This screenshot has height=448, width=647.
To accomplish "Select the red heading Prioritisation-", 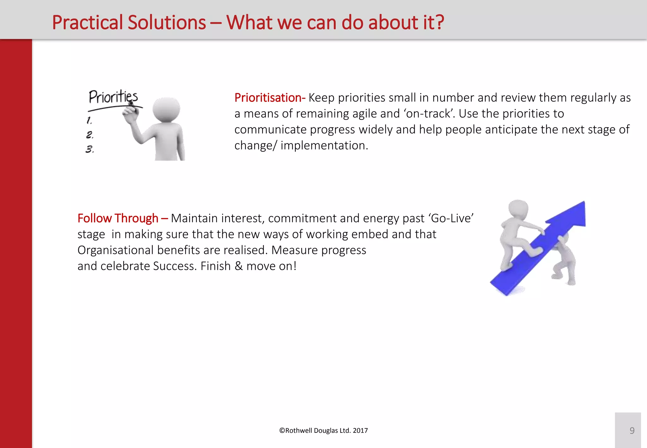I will pyautogui.click(x=269, y=98).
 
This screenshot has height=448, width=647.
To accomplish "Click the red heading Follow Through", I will pyautogui.click(x=118, y=218).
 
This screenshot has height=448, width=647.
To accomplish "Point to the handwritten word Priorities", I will pyautogui.click(x=113, y=97).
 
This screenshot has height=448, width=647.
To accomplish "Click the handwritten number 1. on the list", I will pyautogui.click(x=89, y=120).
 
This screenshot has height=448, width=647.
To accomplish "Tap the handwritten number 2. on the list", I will pyautogui.click(x=90, y=135).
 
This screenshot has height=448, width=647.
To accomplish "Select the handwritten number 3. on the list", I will pyautogui.click(x=90, y=149).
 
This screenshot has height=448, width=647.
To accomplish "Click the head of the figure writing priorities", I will pyautogui.click(x=166, y=109).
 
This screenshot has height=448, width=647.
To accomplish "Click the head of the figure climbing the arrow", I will pyautogui.click(x=518, y=209).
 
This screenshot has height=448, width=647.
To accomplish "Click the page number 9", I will pyautogui.click(x=632, y=431).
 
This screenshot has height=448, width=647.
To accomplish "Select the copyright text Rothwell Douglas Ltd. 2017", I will pyautogui.click(x=323, y=431).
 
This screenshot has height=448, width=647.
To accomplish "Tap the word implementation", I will pyautogui.click(x=324, y=146).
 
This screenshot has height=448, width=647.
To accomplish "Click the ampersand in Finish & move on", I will pyautogui.click(x=239, y=266).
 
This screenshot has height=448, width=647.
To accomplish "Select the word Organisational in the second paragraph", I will pyautogui.click(x=115, y=250).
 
